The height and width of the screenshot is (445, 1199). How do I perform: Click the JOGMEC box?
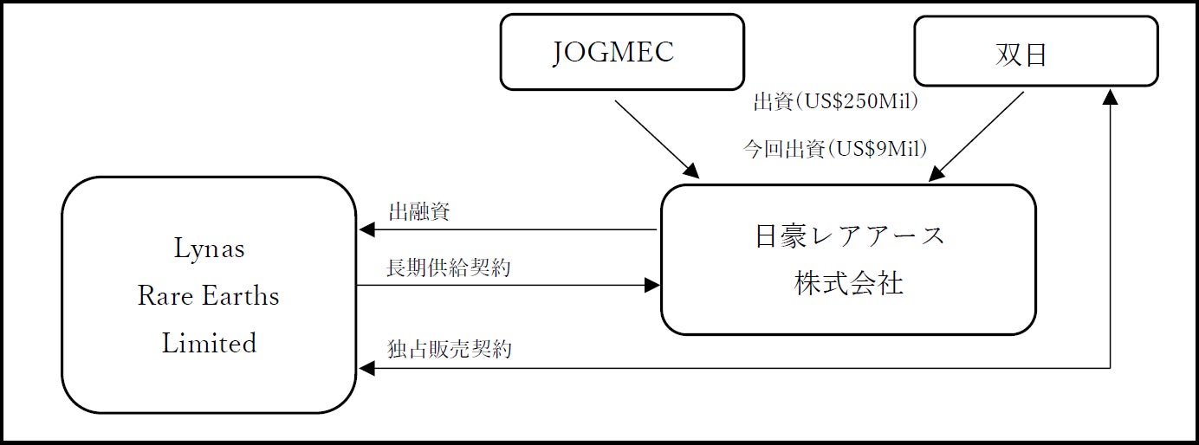(x=622, y=52)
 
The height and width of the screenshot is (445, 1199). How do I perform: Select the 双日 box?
(x=1035, y=52)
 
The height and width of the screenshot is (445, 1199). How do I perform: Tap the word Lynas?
(x=209, y=249)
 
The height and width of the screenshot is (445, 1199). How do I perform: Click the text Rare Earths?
(x=209, y=296)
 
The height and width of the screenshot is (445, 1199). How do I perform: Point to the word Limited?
(x=209, y=343)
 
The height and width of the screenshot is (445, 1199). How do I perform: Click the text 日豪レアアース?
(x=849, y=235)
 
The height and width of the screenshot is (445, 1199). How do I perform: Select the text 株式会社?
(x=849, y=283)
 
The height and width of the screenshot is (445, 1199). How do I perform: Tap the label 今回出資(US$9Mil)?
(x=835, y=149)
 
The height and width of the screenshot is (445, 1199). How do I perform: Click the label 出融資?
(x=418, y=212)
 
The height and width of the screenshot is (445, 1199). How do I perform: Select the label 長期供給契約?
(x=449, y=268)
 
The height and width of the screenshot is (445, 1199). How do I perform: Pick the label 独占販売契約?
(x=449, y=350)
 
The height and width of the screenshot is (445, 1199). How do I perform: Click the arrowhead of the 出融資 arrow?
(x=366, y=230)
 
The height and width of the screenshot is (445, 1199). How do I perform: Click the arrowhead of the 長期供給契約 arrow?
(x=651, y=285)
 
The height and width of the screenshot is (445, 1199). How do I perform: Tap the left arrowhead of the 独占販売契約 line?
(x=366, y=369)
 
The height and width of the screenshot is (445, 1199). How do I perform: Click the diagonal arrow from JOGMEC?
(x=654, y=137)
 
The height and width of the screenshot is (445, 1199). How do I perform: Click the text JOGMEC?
(x=613, y=53)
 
